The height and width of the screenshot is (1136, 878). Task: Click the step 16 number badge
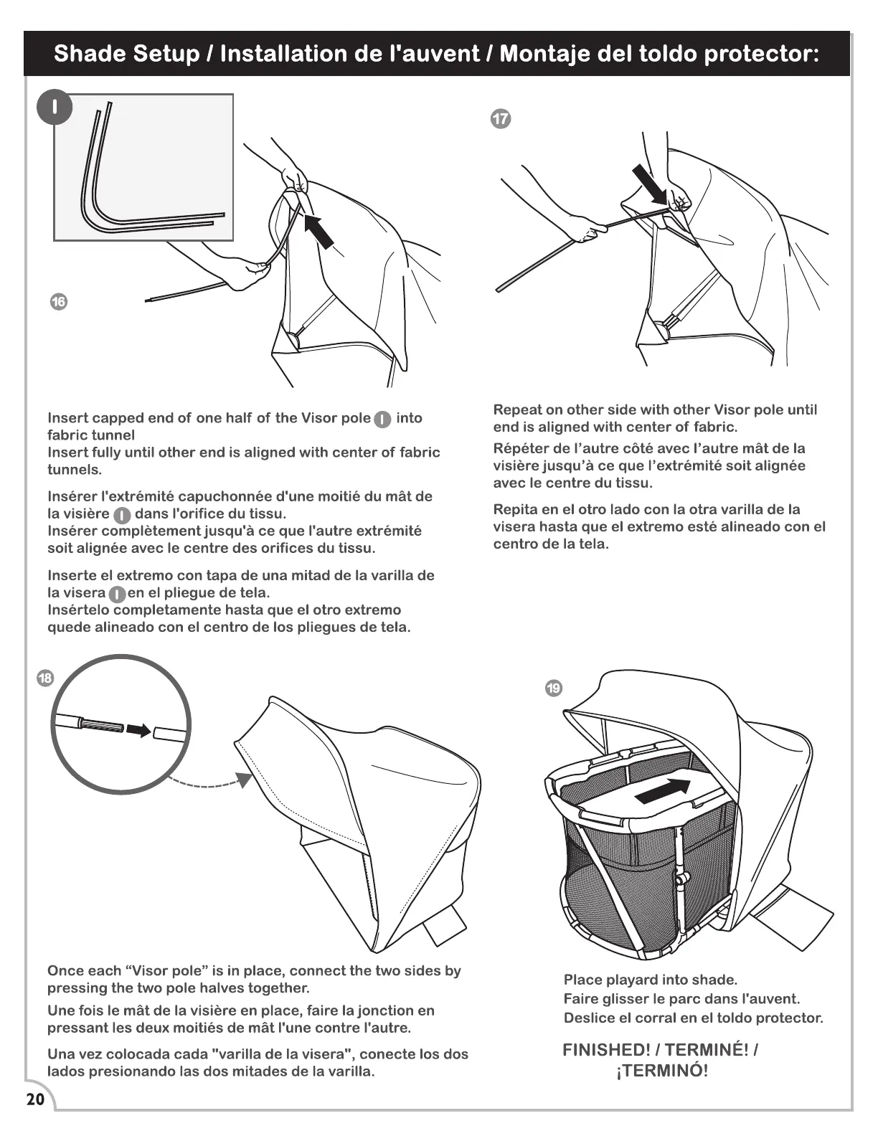pos(59,301)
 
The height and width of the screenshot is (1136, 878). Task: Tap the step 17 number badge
pos(501,119)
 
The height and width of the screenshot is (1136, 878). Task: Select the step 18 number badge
pos(44,678)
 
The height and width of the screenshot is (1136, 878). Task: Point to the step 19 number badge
pos(554,688)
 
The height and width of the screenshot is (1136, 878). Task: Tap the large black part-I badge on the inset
pos(55,108)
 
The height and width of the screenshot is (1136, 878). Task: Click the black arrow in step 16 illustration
pos(318,229)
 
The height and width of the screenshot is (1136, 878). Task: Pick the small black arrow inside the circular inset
pos(140,730)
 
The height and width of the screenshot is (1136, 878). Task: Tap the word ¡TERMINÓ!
pos(662,1071)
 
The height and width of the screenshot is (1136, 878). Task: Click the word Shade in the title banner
pos(91,54)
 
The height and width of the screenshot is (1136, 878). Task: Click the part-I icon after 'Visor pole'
pos(383,420)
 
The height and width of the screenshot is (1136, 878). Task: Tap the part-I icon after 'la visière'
pos(123,515)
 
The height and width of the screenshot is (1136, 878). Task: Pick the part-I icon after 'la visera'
pos(117,594)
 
